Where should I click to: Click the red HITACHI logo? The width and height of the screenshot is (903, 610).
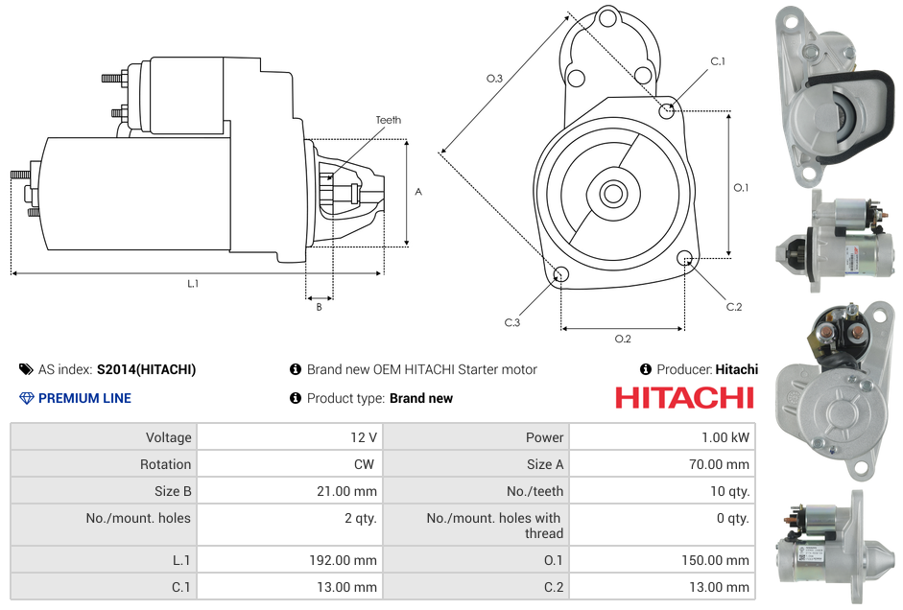pyautogui.click(x=684, y=398)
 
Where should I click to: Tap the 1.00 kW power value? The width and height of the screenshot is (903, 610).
pyautogui.click(x=725, y=437)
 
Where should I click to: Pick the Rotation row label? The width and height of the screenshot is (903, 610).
pyautogui.click(x=165, y=464)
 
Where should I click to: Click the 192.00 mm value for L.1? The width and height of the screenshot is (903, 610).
pyautogui.click(x=343, y=560)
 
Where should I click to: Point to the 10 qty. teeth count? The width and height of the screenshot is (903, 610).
pyautogui.click(x=729, y=491)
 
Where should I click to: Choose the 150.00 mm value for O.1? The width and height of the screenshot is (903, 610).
pyautogui.click(x=715, y=560)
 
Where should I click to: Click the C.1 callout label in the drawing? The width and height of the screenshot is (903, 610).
pyautogui.click(x=718, y=61)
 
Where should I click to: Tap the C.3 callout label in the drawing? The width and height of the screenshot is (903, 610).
pyautogui.click(x=512, y=322)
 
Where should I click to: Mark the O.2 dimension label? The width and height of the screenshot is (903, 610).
pyautogui.click(x=623, y=339)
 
